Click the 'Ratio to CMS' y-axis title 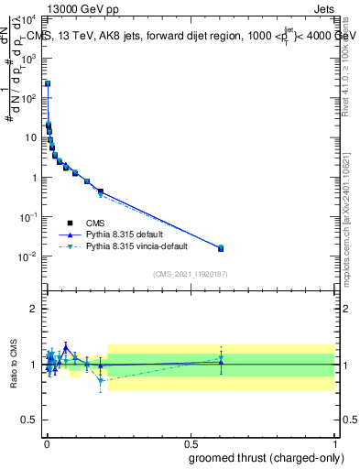[12, 365]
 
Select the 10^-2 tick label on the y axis [31, 256]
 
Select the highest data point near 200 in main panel [48, 83]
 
